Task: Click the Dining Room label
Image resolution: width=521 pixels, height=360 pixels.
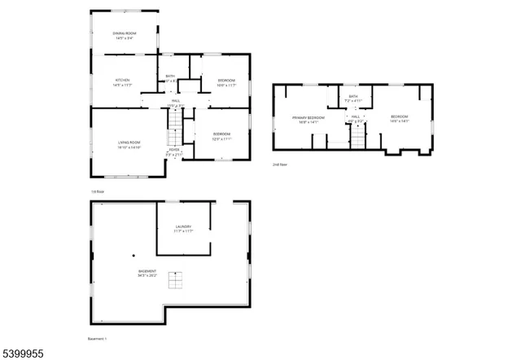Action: pyautogui.click(x=124, y=34)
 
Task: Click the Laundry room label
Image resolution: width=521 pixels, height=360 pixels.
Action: pyautogui.click(x=183, y=228)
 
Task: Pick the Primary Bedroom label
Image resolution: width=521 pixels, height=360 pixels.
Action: pyautogui.click(x=309, y=120)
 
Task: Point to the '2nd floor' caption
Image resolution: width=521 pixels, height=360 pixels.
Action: pyautogui.click(x=280, y=164)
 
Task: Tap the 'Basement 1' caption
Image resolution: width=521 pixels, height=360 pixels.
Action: pyautogui.click(x=97, y=338)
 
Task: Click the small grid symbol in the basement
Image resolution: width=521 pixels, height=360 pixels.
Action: pyautogui.click(x=176, y=281)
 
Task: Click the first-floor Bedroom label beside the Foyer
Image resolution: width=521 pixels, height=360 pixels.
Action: pyautogui.click(x=221, y=135)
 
